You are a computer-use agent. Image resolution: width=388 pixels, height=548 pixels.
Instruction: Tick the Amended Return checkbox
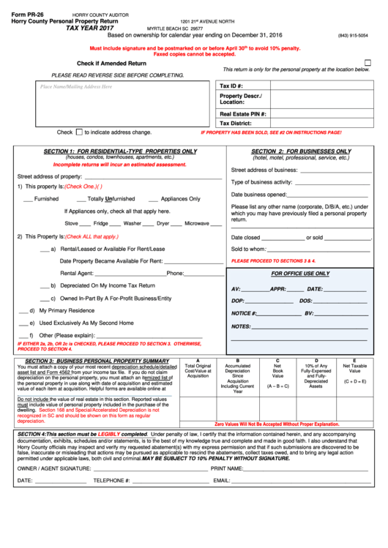click(x=368, y=63)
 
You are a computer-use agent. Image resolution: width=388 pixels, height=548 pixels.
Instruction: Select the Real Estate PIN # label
click(x=243, y=114)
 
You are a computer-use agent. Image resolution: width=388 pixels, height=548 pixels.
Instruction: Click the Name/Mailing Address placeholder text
click(x=76, y=86)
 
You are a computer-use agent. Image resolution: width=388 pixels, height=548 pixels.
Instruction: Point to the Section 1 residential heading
click(x=120, y=151)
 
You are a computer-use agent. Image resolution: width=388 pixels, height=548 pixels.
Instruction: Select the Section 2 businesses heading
click(x=301, y=151)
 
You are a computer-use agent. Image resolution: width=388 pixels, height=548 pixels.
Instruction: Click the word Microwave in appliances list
click(x=197, y=223)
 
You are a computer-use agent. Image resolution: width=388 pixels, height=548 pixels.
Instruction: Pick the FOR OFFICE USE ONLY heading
click(x=300, y=274)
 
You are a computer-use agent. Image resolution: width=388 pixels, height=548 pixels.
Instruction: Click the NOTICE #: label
click(x=244, y=313)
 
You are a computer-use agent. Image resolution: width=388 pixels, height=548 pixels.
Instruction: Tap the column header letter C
click(x=277, y=361)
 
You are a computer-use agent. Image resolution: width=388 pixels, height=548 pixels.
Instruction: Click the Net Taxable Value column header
click(x=355, y=368)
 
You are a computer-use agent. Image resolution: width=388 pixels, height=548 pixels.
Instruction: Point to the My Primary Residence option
click(x=67, y=311)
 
